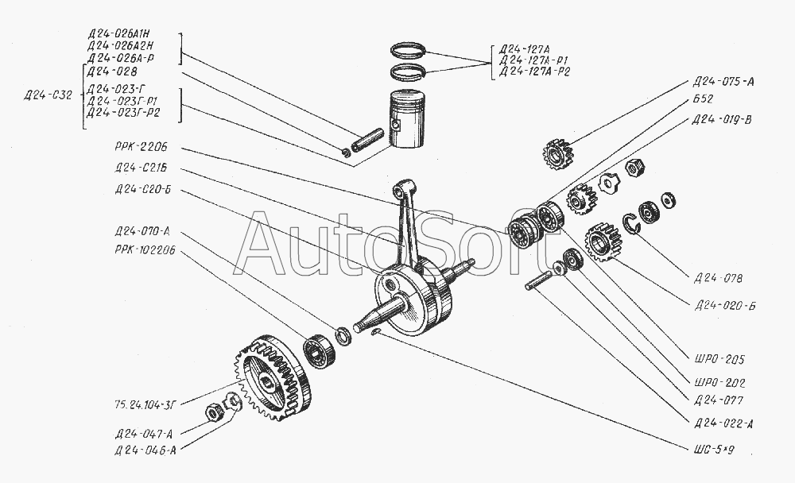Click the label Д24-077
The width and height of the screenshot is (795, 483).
click(x=719, y=400)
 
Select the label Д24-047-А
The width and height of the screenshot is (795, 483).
click(x=142, y=433)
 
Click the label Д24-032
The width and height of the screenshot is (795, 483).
click(x=48, y=95)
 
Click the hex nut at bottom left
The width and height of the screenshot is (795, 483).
click(x=213, y=412)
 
